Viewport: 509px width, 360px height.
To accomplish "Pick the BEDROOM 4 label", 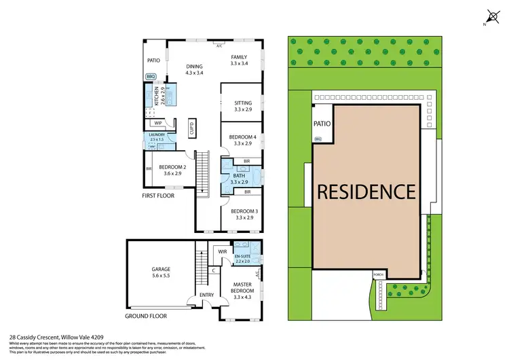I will (x=242, y=140).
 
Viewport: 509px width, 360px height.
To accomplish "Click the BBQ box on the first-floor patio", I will (x=151, y=77).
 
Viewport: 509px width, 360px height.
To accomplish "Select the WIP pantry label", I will (x=157, y=124).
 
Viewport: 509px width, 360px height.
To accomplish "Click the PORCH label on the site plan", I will (x=378, y=275).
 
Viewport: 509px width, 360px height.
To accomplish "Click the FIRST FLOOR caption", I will (x=159, y=196).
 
